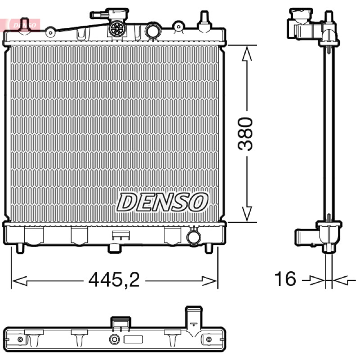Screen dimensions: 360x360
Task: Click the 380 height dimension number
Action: [x=245, y=134]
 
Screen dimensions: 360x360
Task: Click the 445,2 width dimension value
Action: [x=114, y=279]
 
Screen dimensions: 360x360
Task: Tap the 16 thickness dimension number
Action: [x=285, y=279]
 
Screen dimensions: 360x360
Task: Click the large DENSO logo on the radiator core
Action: [x=162, y=202]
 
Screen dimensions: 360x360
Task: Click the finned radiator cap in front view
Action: [x=118, y=28]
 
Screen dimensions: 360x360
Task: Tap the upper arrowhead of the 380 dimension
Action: [x=247, y=53]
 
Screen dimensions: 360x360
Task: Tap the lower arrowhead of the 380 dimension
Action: [x=247, y=214]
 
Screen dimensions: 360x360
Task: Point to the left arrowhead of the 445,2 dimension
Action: [x=19, y=281]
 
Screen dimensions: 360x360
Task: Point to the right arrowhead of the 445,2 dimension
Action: [x=209, y=281]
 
